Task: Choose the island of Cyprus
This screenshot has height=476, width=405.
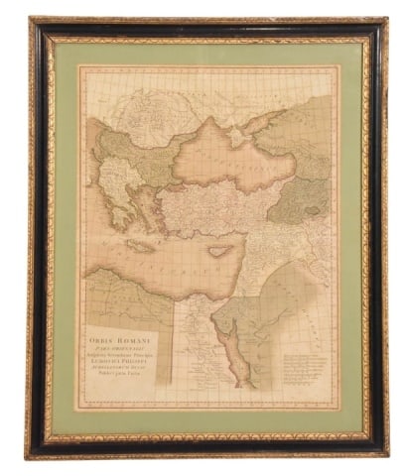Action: [220, 251]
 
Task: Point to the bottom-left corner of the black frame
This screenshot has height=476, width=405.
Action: [29, 455]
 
